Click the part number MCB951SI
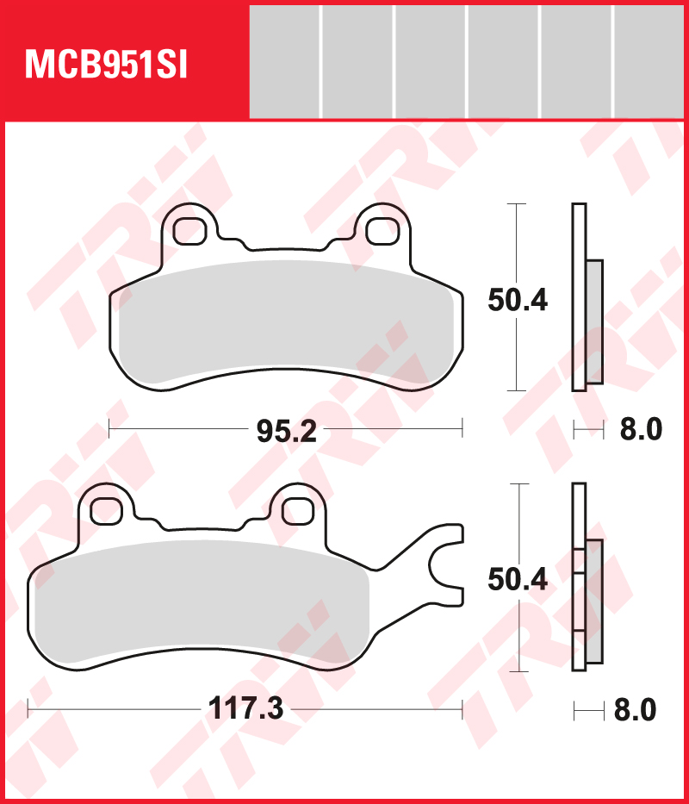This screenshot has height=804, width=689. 107,65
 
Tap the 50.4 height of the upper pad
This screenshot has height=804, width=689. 517,300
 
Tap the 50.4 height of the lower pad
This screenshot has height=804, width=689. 517,580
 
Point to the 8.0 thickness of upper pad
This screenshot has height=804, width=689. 641,428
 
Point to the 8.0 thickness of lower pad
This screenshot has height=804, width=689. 635,710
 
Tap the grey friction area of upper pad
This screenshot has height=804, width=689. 284,323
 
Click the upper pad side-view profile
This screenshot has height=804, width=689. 586,297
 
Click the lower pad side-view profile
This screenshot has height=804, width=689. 586,577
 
